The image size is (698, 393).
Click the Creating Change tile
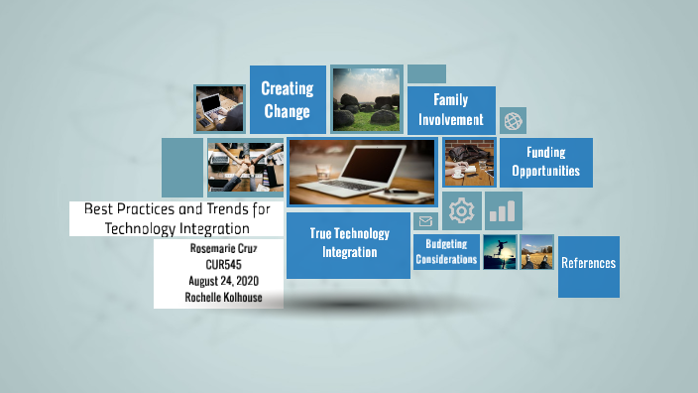(x=287, y=99)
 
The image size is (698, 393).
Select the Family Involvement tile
(x=450, y=110)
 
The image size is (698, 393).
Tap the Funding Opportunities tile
(x=546, y=162)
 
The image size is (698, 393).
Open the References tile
(x=588, y=264)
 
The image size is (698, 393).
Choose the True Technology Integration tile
(x=348, y=243)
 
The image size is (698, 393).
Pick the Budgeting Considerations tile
(x=446, y=252)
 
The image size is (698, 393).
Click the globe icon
(x=513, y=121)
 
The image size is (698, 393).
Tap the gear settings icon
(x=461, y=210)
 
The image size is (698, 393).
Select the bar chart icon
(x=505, y=210)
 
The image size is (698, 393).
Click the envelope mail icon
(x=426, y=221)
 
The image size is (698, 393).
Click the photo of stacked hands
(x=245, y=167)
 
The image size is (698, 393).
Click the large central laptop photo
(x=361, y=171)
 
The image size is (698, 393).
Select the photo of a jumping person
(x=499, y=252)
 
